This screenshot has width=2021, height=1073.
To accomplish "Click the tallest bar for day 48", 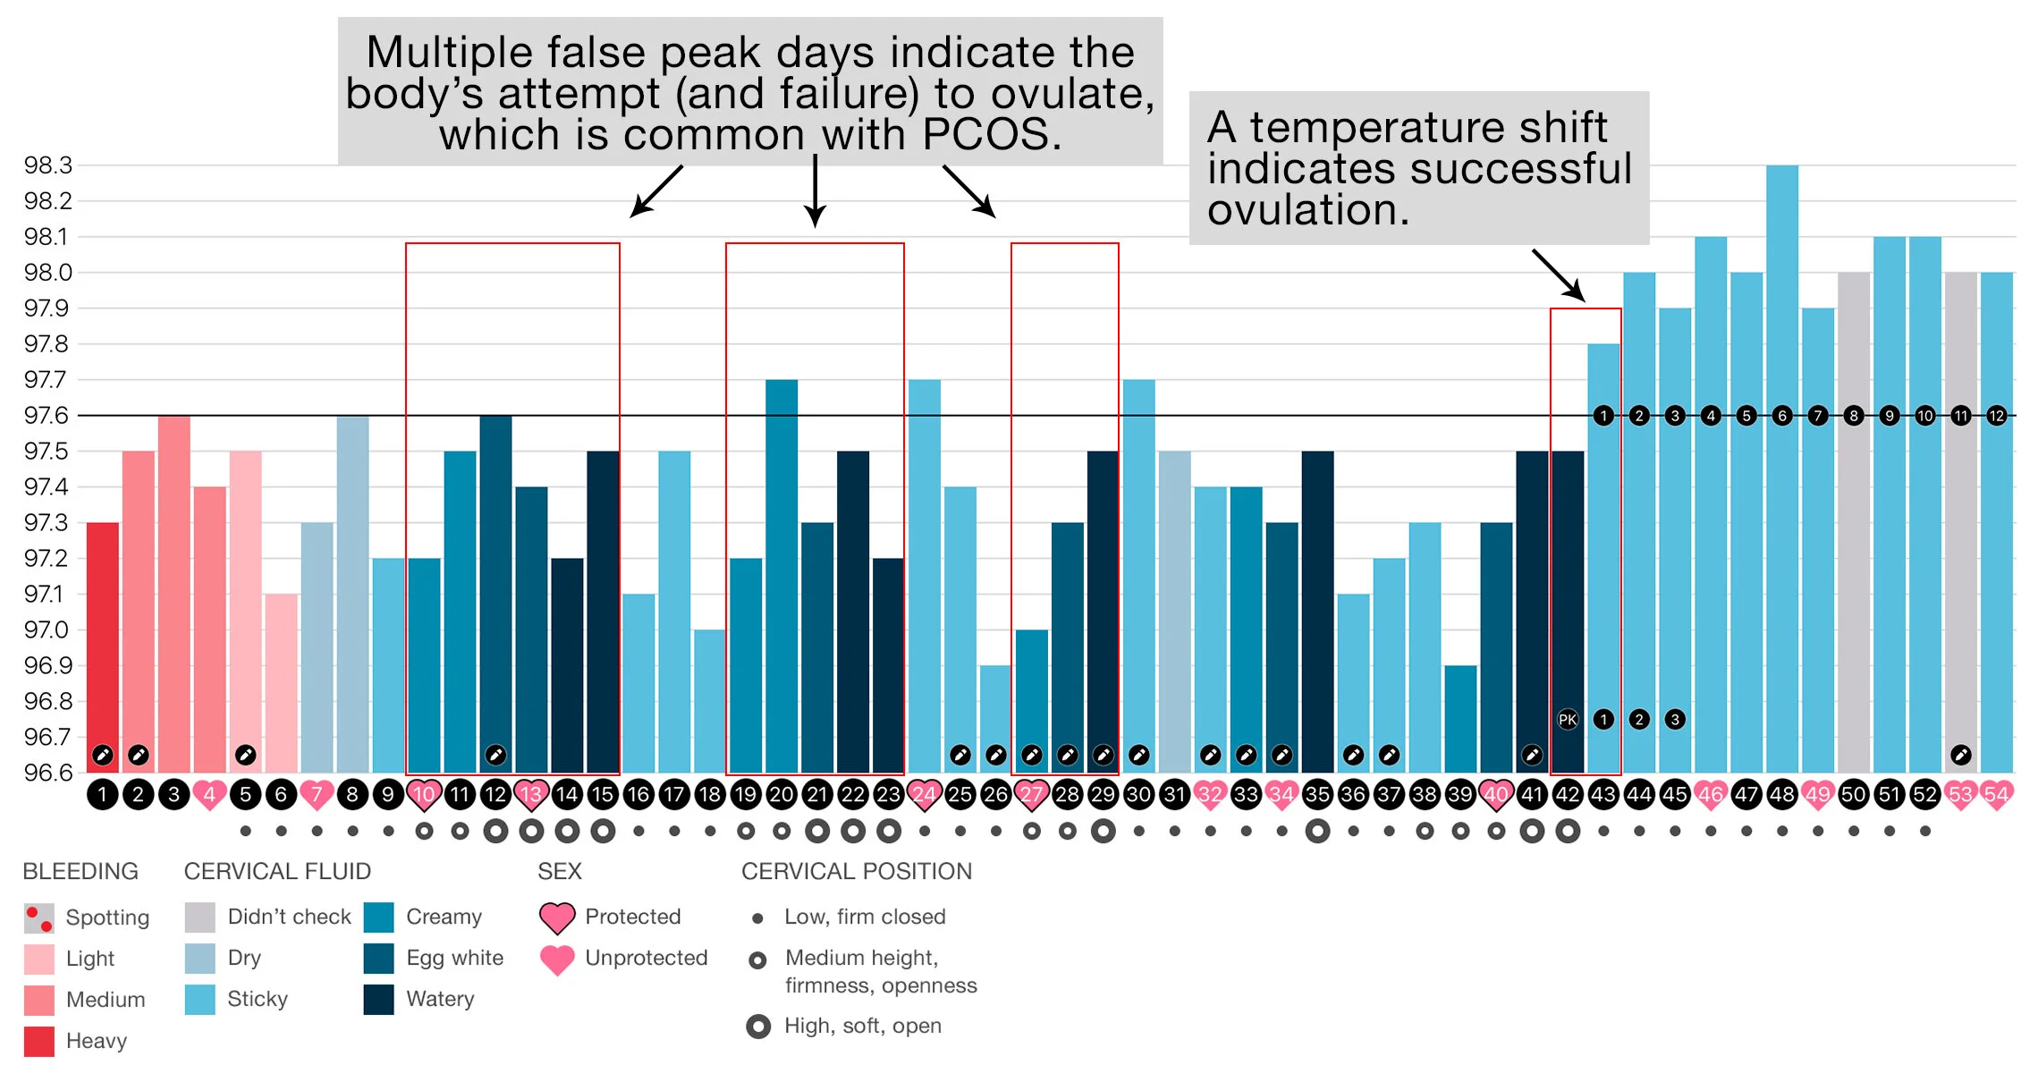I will [x=1781, y=465].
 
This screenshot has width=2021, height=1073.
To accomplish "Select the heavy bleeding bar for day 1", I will [x=103, y=644].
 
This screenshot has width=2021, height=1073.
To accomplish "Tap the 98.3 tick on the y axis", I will [x=48, y=165].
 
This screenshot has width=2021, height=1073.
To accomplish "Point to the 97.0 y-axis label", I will [x=47, y=629].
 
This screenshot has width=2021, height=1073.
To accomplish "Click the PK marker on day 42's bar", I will [x=1568, y=719].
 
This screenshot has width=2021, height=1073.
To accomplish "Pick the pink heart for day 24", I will [x=924, y=794].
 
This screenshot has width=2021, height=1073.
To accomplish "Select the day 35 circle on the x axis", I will [x=1317, y=794].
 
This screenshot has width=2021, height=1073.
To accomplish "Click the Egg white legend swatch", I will [x=379, y=958].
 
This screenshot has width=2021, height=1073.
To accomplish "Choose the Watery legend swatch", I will [x=379, y=999].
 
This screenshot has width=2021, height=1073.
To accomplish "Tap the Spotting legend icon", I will [x=39, y=917].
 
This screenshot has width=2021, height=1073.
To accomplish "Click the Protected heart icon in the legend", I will [x=557, y=917].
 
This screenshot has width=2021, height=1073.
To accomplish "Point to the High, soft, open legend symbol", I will [x=758, y=1027].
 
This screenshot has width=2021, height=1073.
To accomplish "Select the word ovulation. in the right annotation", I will [x=1307, y=211].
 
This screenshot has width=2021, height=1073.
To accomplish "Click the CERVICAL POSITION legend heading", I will [x=856, y=871].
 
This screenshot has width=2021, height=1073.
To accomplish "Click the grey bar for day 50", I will [x=1853, y=519].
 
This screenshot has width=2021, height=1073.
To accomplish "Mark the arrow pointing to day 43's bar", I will [x=1560, y=275].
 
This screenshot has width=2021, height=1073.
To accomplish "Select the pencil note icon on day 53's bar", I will [x=1960, y=755].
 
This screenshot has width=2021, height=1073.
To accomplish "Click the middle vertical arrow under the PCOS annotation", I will [x=815, y=191].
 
